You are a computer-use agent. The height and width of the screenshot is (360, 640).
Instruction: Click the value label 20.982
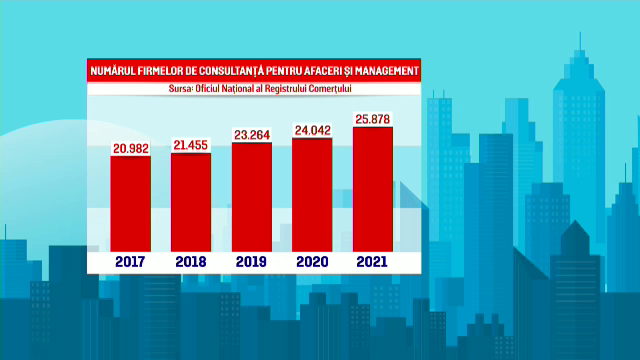point(130,148)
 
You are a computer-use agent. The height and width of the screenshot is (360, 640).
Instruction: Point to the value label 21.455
point(191,146)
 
